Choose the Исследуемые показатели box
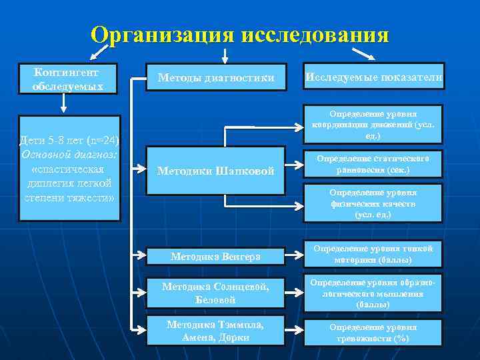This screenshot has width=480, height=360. coord(373,78)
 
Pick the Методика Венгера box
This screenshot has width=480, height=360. coord(215,255)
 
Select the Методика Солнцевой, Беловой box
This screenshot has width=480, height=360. coord(215,293)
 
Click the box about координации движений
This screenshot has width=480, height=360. coord(373,124)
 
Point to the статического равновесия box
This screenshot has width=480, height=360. coord(373,165)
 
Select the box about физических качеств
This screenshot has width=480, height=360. coord(373,203)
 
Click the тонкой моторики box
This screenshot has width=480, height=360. coord(373,254)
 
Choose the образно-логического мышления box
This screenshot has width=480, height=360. coord(373,293)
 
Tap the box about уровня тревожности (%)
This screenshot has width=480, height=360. coord(373,333)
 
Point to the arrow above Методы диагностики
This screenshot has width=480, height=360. coord(225,55)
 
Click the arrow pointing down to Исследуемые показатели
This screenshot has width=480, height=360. coord(363,53)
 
